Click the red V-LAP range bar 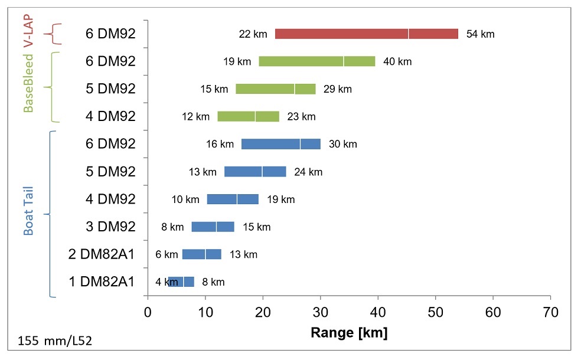[x=366, y=34]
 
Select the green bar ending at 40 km [x=316, y=61]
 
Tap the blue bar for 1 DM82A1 [x=181, y=282]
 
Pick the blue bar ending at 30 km [x=280, y=144]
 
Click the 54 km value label [x=480, y=34]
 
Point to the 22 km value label [x=253, y=34]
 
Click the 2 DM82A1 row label [x=102, y=254]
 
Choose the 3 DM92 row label [x=110, y=227]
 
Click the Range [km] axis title [x=348, y=333]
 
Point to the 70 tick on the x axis [x=550, y=311]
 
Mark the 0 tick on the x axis [x=148, y=311]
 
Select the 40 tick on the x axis [x=378, y=311]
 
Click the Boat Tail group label [x=28, y=211]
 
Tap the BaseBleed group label [x=28, y=81]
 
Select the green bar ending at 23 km [x=248, y=116]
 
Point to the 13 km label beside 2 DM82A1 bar [x=243, y=254]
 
